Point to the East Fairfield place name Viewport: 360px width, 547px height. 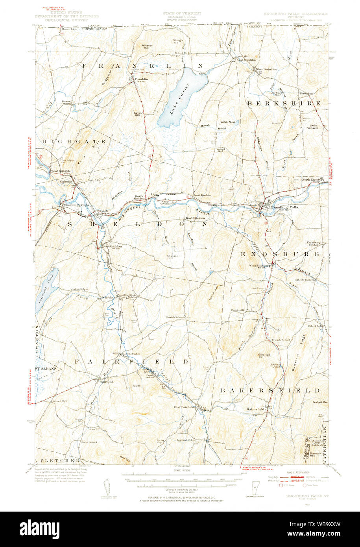click(185, 407)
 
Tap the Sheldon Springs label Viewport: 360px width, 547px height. click(74, 205)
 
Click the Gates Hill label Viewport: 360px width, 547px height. click(137, 114)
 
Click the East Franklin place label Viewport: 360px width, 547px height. click(246, 60)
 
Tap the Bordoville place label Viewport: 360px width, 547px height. click(238, 310)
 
